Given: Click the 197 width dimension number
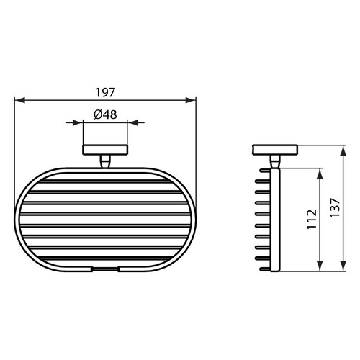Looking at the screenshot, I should [x=106, y=92].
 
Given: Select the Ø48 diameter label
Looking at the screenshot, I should [x=106, y=114].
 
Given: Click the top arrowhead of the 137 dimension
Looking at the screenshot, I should [x=339, y=150].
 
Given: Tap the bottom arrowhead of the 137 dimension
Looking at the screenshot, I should [x=339, y=270].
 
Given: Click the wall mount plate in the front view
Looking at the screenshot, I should [x=106, y=150].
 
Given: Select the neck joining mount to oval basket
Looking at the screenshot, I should [x=106, y=162].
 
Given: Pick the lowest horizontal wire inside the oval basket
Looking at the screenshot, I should [x=106, y=262].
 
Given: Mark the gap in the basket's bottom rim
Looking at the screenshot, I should [x=106, y=271].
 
